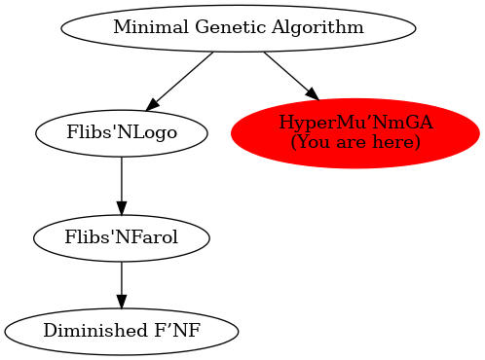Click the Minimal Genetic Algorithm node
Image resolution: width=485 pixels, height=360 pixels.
(238, 27)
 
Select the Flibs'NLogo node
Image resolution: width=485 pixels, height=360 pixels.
(121, 133)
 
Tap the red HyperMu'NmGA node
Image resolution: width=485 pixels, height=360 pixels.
(355, 133)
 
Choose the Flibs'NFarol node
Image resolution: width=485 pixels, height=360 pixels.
(121, 236)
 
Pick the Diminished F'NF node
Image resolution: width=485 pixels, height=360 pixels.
(121, 331)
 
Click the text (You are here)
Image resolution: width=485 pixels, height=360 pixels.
(355, 143)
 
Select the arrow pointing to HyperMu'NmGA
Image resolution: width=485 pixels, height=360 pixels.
(290, 75)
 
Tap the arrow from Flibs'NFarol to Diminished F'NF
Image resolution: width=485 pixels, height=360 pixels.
(121, 282)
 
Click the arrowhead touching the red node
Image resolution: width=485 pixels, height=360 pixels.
(312, 93)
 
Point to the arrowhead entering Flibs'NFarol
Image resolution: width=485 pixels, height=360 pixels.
(121, 206)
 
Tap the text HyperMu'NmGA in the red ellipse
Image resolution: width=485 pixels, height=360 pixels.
(355, 123)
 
